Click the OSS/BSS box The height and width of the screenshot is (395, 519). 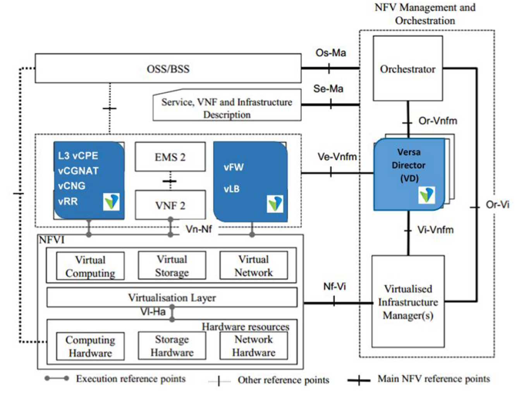coord(168,68)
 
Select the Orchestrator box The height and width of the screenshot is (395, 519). coord(407,68)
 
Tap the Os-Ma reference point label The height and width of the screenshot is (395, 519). coord(330,52)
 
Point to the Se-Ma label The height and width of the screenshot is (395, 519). coord(328,89)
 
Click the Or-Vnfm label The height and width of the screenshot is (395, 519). coord(438,121)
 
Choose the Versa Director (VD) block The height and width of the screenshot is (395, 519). coord(409,174)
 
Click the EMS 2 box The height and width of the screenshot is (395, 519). coord(170,157)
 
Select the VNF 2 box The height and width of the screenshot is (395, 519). coord(170,205)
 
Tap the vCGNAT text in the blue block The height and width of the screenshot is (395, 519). coord(78,171)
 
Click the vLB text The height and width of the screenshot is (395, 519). coord(232,189)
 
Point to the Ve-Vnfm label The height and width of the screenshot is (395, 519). coord(337,157)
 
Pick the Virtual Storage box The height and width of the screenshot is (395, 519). coord(172,265)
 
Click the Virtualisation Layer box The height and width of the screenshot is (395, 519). coord(172,298)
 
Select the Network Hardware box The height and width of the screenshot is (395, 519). coord(254,346)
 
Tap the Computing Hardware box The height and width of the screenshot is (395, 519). coord(90,346)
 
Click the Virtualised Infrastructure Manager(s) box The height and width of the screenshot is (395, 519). coord(408,302)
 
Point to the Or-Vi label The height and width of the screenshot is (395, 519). coord(497,204)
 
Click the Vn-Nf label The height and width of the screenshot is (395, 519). coord(199,229)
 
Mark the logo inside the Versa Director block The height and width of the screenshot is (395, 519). coord(426,195)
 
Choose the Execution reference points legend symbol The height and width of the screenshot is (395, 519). coord(57,378)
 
